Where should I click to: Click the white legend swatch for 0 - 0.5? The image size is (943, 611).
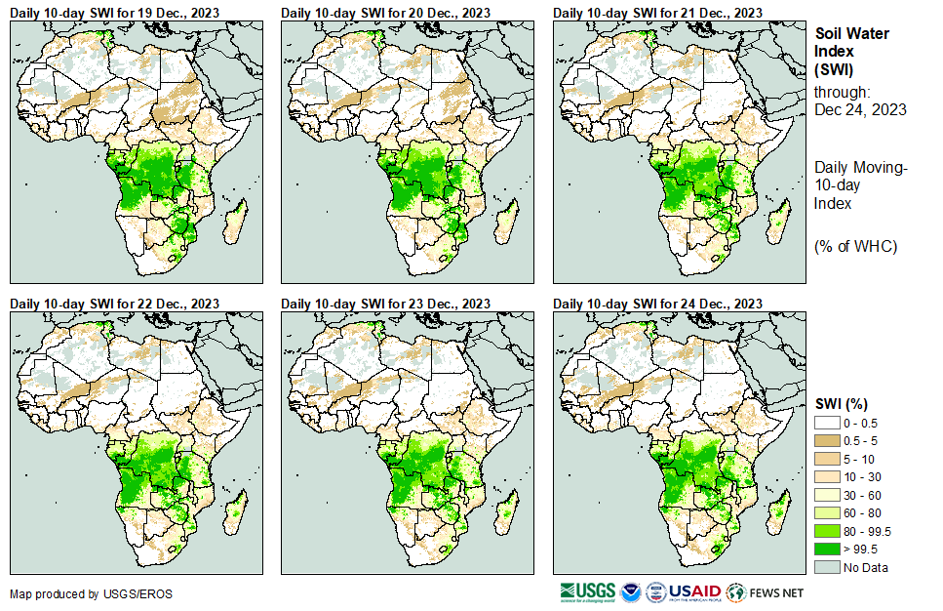(x=828, y=423)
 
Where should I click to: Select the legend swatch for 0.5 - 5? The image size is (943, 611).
(x=828, y=440)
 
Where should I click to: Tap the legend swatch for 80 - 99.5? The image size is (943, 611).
(x=828, y=531)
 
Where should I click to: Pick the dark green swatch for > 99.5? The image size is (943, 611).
(x=828, y=549)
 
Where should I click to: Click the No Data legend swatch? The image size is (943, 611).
(x=828, y=567)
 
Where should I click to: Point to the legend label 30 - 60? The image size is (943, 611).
(x=864, y=495)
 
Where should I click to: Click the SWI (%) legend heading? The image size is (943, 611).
(x=842, y=403)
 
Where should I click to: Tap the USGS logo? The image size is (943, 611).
(x=587, y=591)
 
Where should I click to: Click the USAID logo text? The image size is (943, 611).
(x=695, y=591)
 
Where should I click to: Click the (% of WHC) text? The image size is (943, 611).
(x=855, y=245)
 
